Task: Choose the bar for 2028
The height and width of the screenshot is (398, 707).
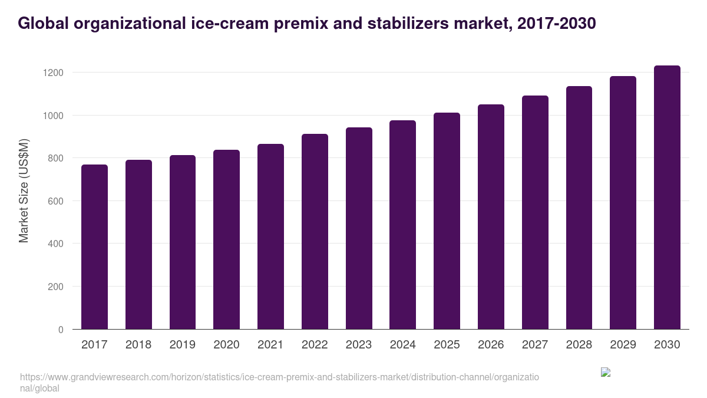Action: (x=579, y=208)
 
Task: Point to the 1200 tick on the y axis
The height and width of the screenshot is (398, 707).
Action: (x=54, y=73)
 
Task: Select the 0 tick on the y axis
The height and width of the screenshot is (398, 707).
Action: (x=61, y=330)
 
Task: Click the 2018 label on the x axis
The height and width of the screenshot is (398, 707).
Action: (x=138, y=345)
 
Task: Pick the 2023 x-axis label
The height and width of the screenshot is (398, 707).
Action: (x=359, y=345)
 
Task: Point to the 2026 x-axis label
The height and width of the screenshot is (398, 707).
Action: (x=491, y=345)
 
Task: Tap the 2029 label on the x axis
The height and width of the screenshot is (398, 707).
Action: (x=623, y=345)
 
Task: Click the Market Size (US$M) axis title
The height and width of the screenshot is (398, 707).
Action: (x=24, y=190)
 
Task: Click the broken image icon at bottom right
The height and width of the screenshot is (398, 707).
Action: (x=606, y=372)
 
